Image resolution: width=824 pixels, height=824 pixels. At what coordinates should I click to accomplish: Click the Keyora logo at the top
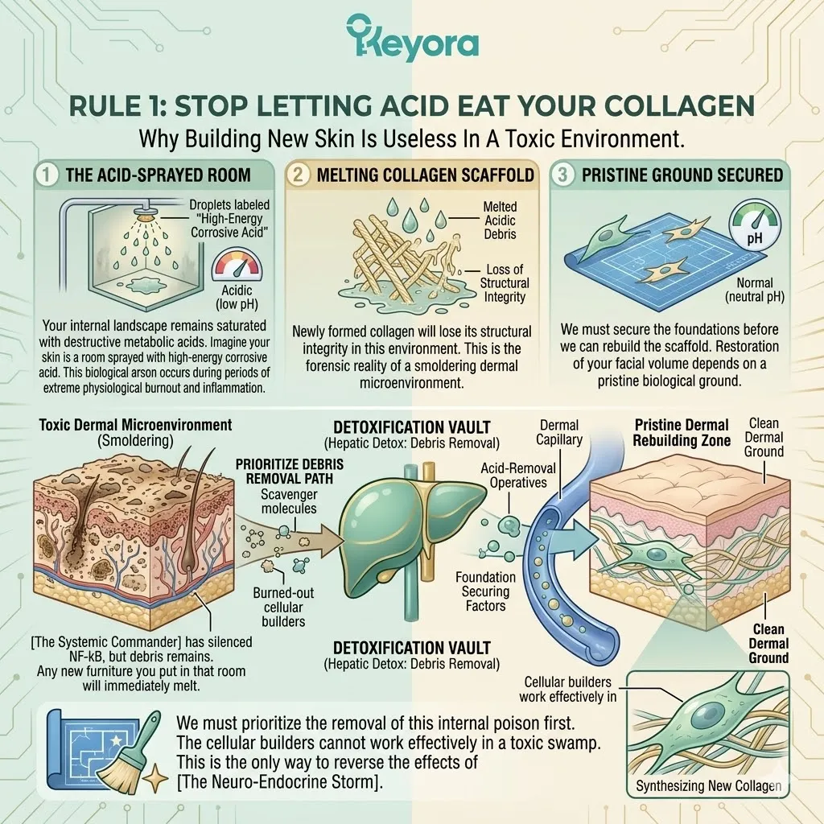[x=413, y=37]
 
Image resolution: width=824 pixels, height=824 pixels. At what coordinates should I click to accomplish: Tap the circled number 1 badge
[x=46, y=174]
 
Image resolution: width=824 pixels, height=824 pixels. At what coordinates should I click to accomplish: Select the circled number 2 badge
[x=298, y=174]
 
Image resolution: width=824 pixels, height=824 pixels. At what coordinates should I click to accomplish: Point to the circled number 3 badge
[x=562, y=174]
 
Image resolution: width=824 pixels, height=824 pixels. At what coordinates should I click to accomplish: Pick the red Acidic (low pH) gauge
[x=237, y=264]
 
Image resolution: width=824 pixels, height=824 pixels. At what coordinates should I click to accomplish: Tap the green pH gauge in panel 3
[x=755, y=225]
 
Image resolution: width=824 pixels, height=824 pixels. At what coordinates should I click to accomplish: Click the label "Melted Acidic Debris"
[x=500, y=220]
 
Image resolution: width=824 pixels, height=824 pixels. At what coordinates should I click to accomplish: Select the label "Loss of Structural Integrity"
[x=504, y=282]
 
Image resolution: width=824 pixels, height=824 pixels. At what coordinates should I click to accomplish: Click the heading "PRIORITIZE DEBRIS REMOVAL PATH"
[x=289, y=472]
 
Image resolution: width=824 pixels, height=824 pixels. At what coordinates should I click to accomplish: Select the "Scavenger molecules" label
[x=289, y=501]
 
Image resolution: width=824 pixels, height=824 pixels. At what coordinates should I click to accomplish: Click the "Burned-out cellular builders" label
[x=283, y=607]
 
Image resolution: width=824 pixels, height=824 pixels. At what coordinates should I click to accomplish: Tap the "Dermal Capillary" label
[x=559, y=432]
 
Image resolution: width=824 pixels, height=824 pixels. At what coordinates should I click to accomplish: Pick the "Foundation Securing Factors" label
[x=485, y=591]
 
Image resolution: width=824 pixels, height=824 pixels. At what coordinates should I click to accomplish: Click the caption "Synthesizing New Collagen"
[x=708, y=785]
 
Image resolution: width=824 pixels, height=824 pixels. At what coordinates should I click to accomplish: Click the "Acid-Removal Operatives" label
[x=518, y=475]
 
